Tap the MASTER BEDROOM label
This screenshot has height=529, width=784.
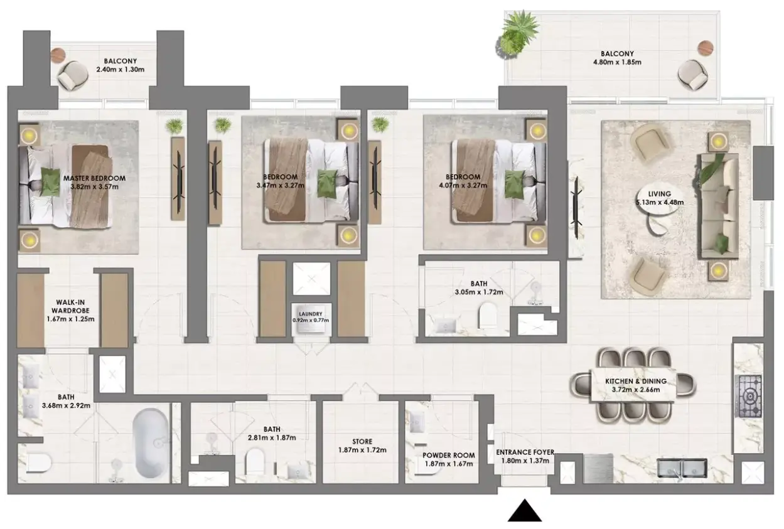pyautogui.click(x=95, y=178)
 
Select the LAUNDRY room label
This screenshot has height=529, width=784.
pyautogui.click(x=311, y=314)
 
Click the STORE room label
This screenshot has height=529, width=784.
pyautogui.click(x=362, y=442)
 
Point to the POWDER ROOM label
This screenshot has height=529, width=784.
pyautogui.click(x=449, y=455)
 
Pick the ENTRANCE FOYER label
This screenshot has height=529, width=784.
pyautogui.click(x=525, y=452)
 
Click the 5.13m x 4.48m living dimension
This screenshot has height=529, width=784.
pyautogui.click(x=660, y=202)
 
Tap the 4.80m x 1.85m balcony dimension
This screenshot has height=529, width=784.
pyautogui.click(x=617, y=62)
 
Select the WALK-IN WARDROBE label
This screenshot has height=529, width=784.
pyautogui.click(x=71, y=306)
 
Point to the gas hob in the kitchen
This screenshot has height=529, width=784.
pyautogui.click(x=750, y=397)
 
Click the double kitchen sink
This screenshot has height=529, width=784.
pyautogui.click(x=682, y=468)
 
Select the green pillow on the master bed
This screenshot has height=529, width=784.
pyautogui.click(x=50, y=181)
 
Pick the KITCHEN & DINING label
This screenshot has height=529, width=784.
pyautogui.click(x=636, y=381)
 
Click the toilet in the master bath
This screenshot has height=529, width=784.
pyautogui.click(x=39, y=463)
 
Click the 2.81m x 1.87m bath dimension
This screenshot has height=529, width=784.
pyautogui.click(x=272, y=437)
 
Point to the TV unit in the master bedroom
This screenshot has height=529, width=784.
pyautogui.click(x=178, y=178)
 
